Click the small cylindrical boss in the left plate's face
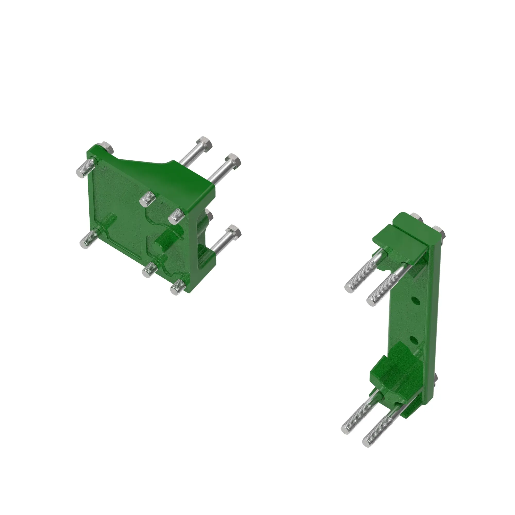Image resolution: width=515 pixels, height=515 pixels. [163, 238]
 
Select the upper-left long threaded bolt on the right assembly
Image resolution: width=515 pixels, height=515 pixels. [360, 277]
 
